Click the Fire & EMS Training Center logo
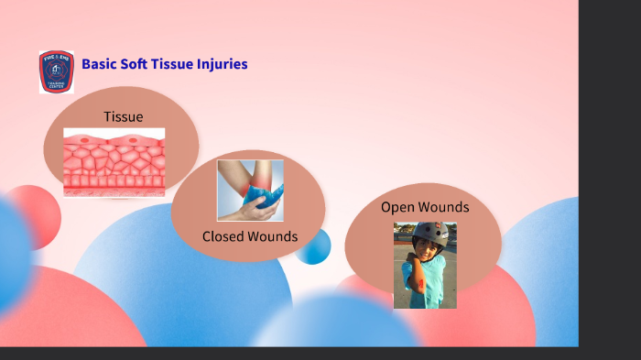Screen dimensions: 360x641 [x=56, y=71]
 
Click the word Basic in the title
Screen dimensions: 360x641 [x=99, y=64]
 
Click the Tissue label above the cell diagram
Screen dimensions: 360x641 [x=123, y=116]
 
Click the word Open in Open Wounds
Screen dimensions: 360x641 [x=397, y=207]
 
